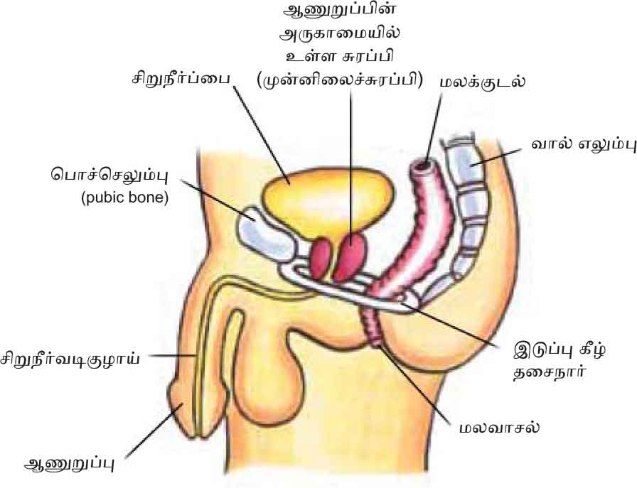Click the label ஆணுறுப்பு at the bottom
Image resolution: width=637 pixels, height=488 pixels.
pos(69,465)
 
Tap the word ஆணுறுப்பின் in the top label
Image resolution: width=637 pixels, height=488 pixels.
pos(340,13)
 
